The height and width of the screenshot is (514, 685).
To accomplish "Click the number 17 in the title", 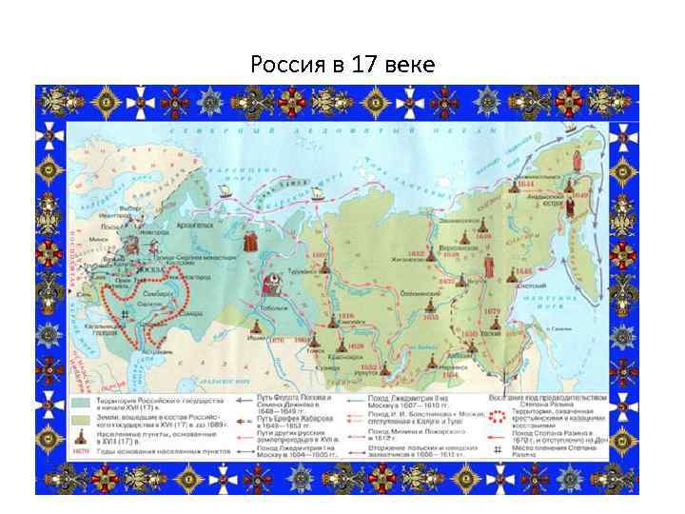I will tap(365, 65).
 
